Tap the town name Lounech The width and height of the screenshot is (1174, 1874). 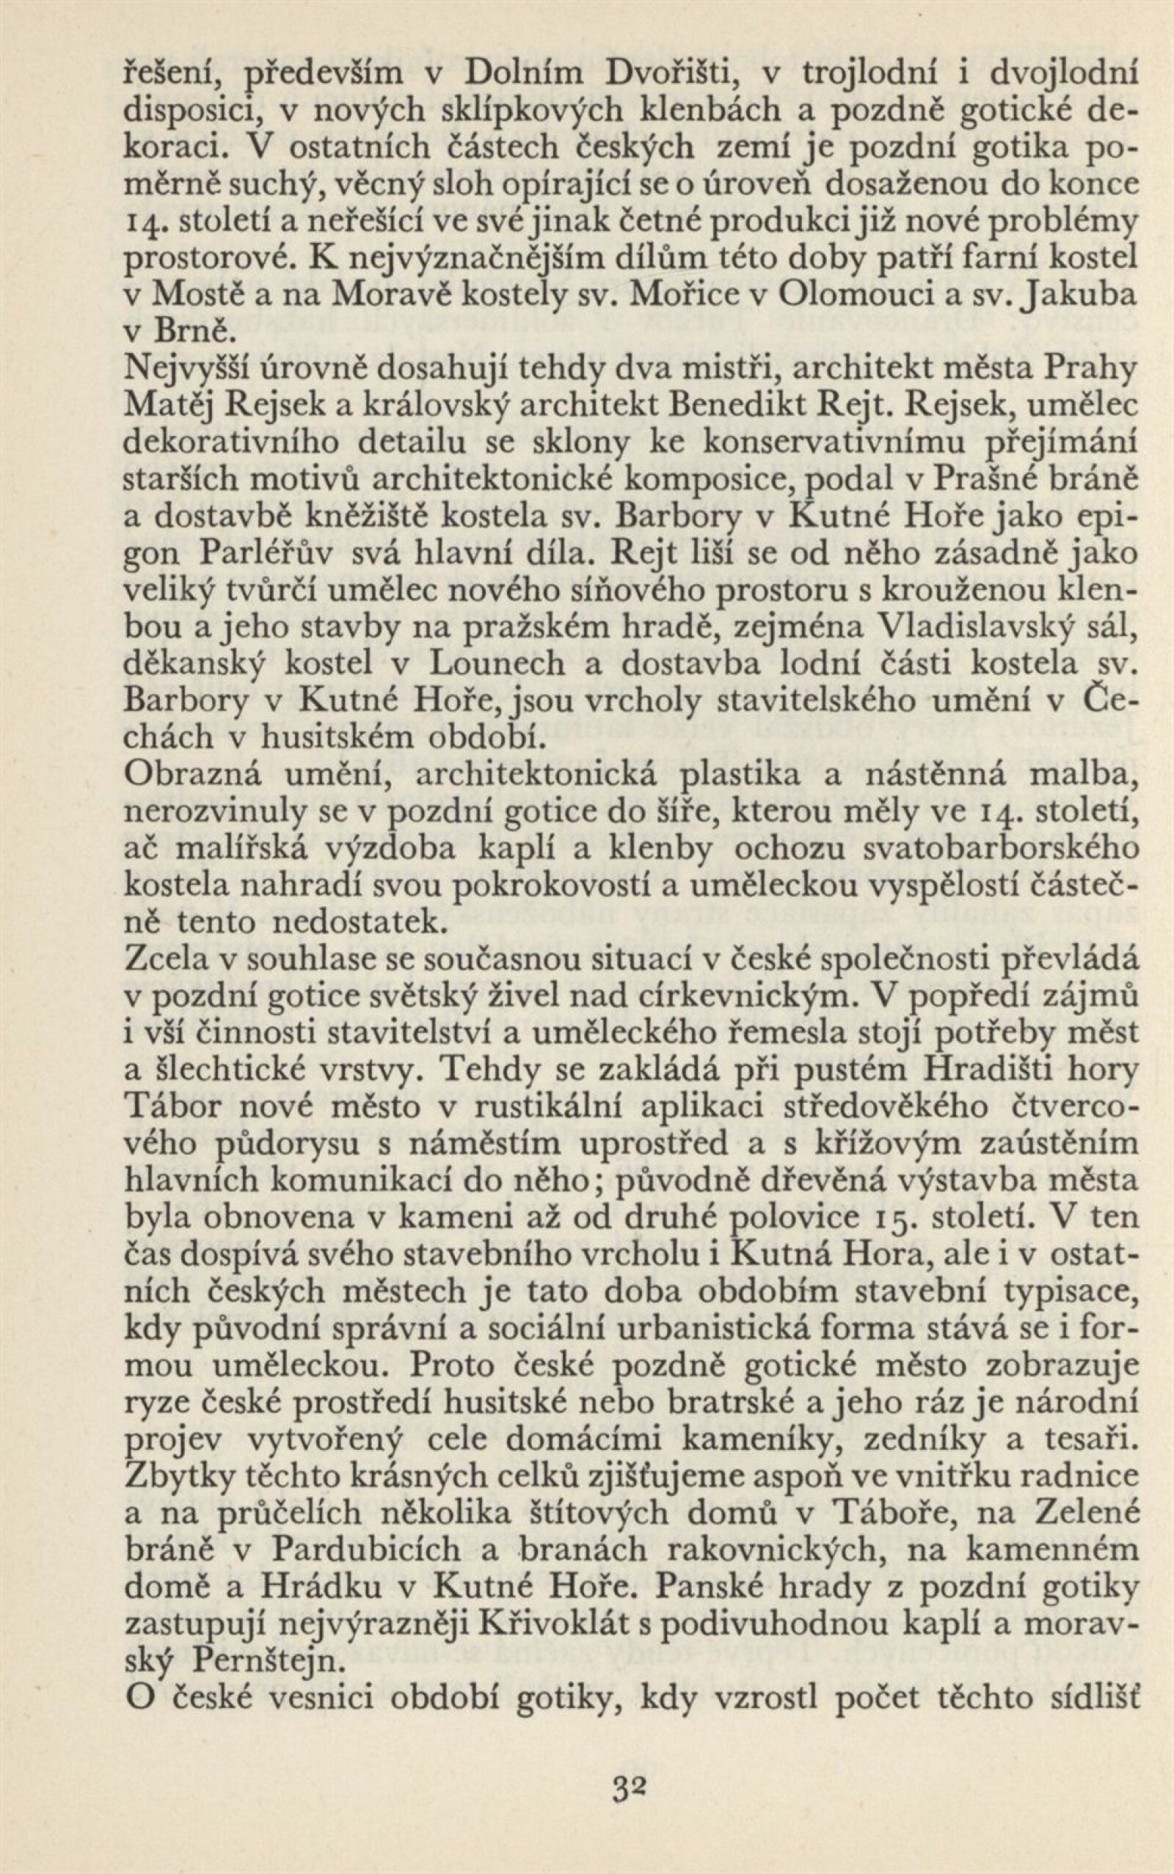496,666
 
